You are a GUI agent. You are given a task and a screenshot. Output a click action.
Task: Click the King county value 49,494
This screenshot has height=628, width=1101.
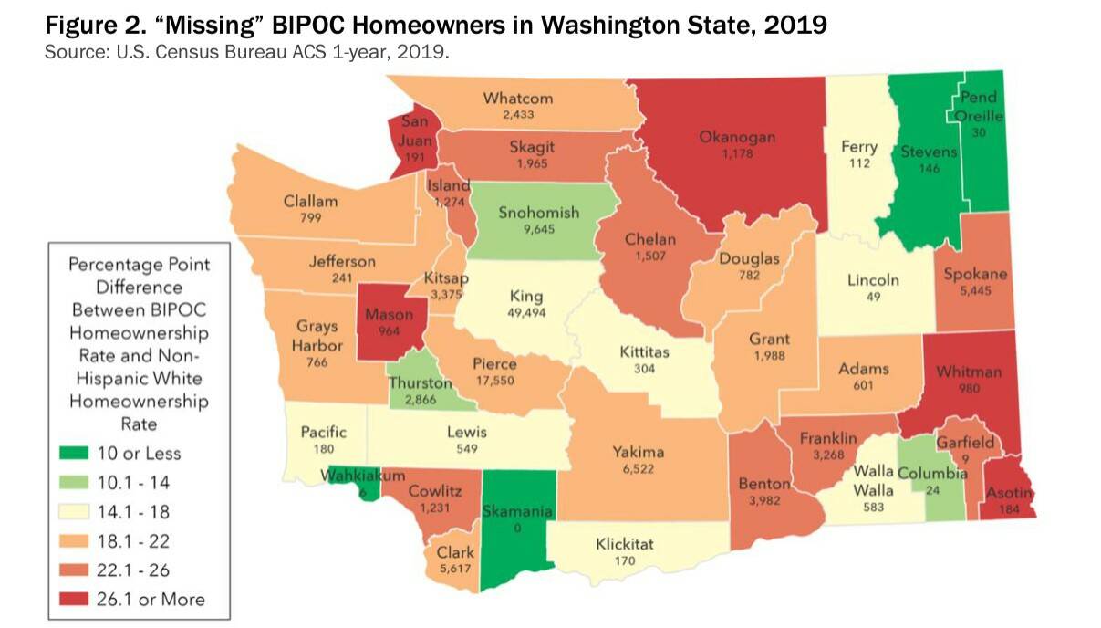pyautogui.click(x=525, y=312)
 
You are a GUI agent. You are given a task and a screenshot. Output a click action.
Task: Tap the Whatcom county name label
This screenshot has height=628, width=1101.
pyautogui.click(x=518, y=99)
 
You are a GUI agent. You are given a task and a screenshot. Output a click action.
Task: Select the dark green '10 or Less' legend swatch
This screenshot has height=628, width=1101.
pyautogui.click(x=77, y=453)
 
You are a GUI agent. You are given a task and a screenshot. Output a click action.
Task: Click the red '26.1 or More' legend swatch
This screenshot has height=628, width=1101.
pyautogui.click(x=77, y=599)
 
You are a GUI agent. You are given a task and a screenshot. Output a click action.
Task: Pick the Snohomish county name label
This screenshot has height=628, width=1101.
pyautogui.click(x=538, y=213)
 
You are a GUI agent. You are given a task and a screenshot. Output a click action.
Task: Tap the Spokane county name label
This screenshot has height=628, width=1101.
pyautogui.click(x=976, y=274)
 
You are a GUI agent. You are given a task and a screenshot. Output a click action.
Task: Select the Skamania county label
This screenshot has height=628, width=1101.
pyautogui.click(x=517, y=511)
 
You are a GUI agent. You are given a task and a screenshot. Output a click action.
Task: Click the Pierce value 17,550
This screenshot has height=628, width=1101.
pyautogui.click(x=494, y=380)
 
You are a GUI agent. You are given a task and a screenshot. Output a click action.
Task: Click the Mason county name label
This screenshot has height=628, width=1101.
pyautogui.click(x=390, y=315)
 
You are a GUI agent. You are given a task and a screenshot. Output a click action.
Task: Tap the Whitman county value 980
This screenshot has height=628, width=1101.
pyautogui.click(x=968, y=388)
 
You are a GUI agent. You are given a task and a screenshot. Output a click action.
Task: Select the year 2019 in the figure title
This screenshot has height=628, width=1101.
pyautogui.click(x=794, y=25)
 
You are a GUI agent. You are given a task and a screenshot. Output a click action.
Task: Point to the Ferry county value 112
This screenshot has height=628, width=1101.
pyautogui.click(x=858, y=164)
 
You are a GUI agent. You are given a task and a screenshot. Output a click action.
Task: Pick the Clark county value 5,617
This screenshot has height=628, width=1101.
pyautogui.click(x=453, y=568)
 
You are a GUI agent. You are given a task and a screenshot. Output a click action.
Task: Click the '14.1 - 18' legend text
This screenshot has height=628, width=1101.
pyautogui.click(x=133, y=512)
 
